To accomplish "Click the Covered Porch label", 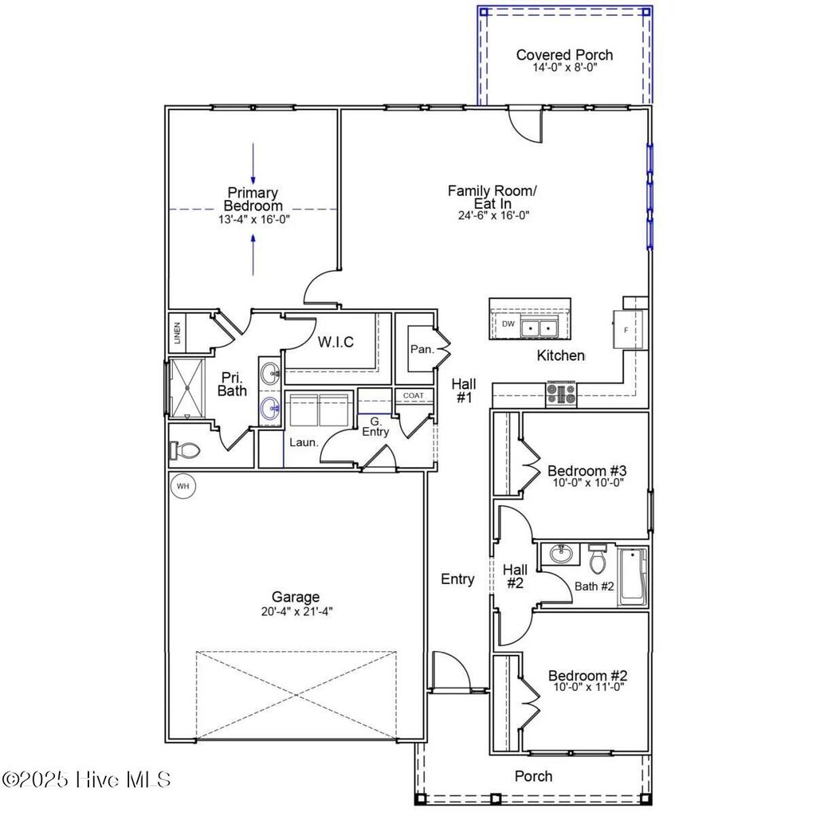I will (564, 55).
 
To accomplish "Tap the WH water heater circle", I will (182, 485).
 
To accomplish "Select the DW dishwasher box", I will (508, 324).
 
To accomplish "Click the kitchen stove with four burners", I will (560, 394).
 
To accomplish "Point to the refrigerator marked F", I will (626, 329).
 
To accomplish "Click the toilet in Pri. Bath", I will (184, 450).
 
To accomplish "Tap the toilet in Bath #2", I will (598, 561).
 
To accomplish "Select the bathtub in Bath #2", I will (634, 577).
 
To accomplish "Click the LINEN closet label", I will (177, 334).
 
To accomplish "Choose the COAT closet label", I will (413, 395).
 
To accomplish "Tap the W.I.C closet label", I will (335, 342).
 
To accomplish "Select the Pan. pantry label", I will (421, 349).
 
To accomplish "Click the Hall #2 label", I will (515, 577).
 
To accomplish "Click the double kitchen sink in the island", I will (538, 327).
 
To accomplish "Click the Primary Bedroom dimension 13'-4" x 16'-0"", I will (253, 218).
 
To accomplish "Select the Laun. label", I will (303, 441).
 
